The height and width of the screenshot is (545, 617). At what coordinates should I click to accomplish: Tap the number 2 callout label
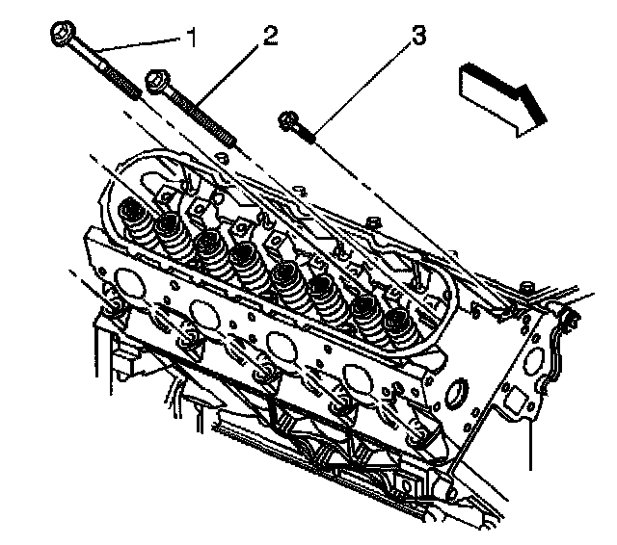(x=270, y=38)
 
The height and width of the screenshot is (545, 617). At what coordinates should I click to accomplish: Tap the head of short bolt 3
(x=287, y=120)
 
